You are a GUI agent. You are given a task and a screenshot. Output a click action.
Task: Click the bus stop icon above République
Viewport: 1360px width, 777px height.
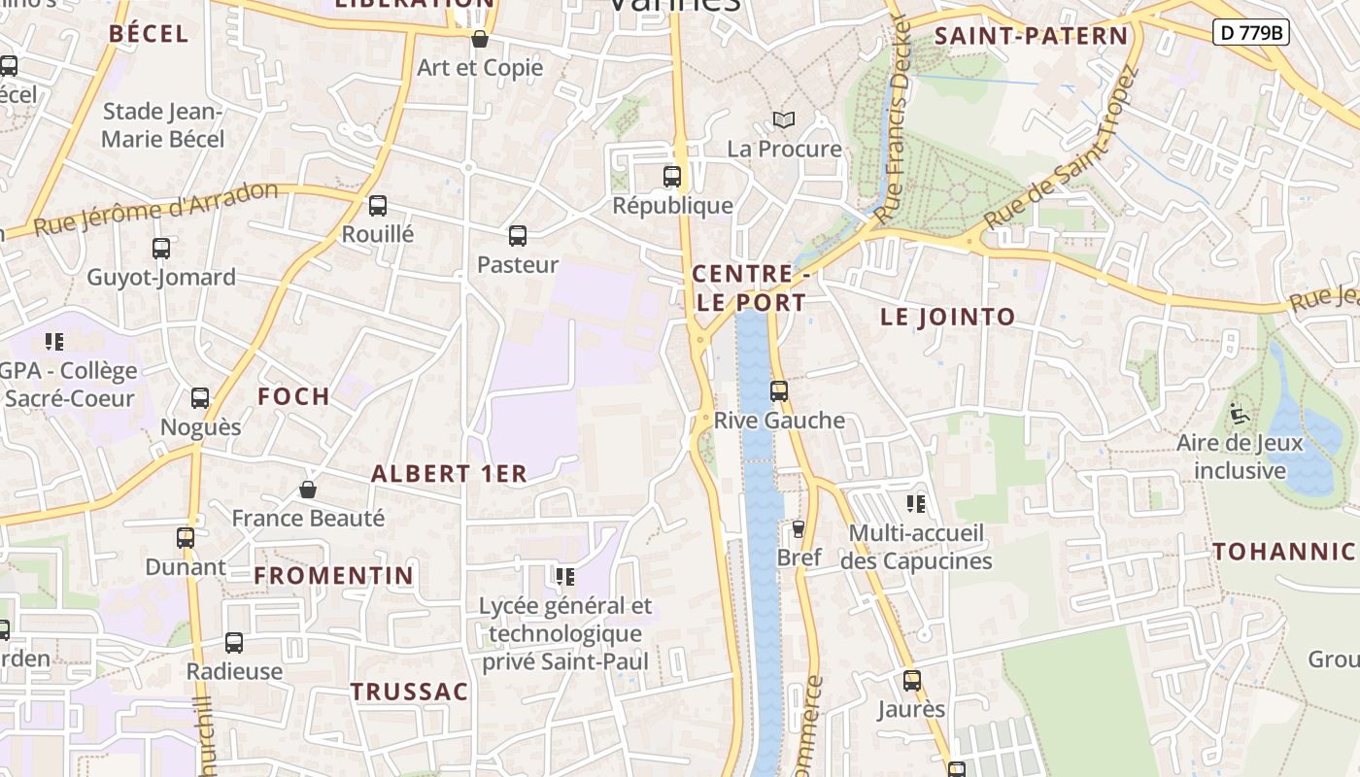(671, 177)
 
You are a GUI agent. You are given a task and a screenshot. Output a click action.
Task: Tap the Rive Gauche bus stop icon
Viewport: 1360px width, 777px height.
(778, 391)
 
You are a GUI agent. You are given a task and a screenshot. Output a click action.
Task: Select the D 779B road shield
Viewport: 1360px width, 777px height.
(1250, 32)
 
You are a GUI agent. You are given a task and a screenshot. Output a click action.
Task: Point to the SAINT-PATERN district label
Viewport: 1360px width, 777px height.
(1031, 37)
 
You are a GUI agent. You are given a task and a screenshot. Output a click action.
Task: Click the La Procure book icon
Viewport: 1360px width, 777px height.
(783, 119)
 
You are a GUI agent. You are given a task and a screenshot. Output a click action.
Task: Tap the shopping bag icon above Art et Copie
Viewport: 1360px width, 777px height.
(479, 39)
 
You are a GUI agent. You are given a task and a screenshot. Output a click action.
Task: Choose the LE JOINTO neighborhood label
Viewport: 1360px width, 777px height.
(947, 317)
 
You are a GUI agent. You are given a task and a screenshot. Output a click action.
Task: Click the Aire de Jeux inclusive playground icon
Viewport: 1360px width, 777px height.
(1238, 414)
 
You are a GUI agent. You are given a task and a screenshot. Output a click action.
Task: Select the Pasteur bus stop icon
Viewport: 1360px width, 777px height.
(518, 236)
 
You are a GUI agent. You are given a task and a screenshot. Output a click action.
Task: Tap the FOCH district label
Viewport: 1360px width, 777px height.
(293, 396)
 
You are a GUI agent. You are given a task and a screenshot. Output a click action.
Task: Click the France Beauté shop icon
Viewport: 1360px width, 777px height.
(308, 490)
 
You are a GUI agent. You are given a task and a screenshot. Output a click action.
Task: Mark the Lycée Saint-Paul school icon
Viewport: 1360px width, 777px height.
(565, 577)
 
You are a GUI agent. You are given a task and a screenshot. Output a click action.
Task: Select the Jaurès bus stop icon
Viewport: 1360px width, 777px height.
(911, 681)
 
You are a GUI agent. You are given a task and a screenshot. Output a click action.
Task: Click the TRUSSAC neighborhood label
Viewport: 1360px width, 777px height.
(409, 692)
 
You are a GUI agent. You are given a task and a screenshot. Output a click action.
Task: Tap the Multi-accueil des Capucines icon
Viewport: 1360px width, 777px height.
(915, 504)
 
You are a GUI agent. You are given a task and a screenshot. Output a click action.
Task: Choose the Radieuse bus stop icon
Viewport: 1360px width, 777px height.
(234, 643)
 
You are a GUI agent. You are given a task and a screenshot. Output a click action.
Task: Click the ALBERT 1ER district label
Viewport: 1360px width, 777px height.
(449, 474)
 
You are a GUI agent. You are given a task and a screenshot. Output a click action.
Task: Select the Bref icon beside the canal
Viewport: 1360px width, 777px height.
(799, 528)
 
